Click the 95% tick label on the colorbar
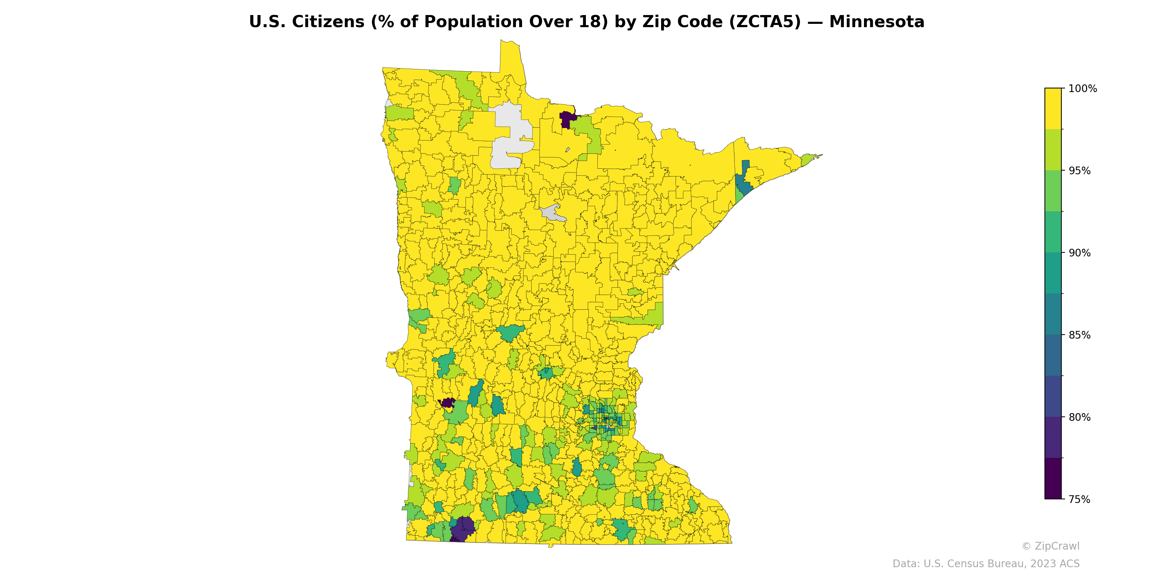coord(1080,171)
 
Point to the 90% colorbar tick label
coord(1080,253)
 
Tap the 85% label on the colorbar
coord(1080,335)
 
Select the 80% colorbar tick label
coord(1080,417)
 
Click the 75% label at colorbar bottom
coord(1080,499)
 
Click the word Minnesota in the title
coord(876,22)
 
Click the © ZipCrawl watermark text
coord(1050,546)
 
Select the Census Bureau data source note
coord(986,564)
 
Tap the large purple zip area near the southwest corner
coord(463,529)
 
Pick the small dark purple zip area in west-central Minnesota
coord(448,402)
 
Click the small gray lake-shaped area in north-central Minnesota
coord(553,213)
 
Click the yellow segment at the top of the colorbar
coord(1053,109)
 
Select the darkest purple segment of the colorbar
coord(1053,478)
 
